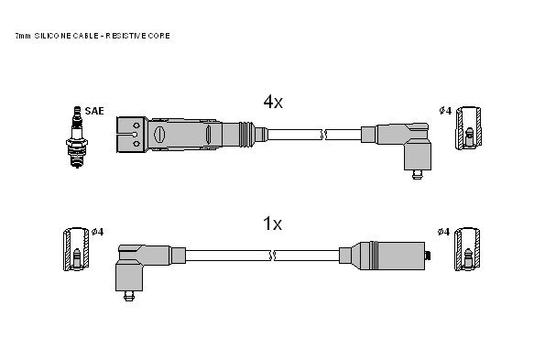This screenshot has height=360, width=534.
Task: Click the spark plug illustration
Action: tap(77, 136)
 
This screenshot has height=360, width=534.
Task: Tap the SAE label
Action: tap(94, 111)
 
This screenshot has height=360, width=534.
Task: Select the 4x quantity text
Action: tap(273, 102)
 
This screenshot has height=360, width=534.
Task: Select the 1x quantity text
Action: tap(272, 224)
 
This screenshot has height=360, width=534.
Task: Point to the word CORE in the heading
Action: tap(159, 36)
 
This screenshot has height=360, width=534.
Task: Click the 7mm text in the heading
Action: tap(23, 36)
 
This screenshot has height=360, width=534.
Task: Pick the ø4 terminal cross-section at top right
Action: tap(469, 128)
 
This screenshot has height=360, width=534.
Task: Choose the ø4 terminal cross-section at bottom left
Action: tap(76, 249)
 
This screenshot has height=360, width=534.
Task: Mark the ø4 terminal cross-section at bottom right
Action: tap(467, 249)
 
